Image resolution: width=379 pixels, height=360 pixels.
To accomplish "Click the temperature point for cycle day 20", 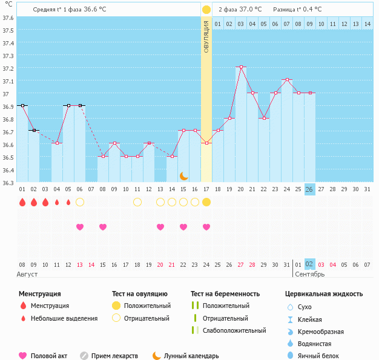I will coord(241,67).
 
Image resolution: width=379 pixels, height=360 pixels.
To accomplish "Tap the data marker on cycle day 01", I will coord(22,105).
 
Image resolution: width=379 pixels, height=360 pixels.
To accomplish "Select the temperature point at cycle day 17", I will coord(206,143).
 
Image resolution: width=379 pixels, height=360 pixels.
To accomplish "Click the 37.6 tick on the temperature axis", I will coord(8,18).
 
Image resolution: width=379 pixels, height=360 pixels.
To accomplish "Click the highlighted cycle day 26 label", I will coord(309,189).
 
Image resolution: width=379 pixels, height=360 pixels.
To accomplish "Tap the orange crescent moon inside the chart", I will coord(183,175).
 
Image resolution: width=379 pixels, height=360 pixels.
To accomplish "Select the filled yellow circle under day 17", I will coord(206,202).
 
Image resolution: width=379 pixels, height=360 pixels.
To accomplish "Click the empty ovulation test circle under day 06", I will coord(80,202).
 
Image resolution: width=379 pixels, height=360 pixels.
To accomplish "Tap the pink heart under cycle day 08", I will coord(103,227).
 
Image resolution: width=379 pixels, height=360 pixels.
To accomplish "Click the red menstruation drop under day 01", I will coord(22,202).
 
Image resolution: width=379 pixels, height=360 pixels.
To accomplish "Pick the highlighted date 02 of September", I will coord(309,264).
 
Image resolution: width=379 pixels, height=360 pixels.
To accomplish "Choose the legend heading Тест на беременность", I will coord(225,293).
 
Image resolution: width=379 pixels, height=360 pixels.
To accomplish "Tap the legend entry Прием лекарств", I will coord(114,356).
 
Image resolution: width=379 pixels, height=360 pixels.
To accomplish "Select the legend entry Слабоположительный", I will coord(234,330).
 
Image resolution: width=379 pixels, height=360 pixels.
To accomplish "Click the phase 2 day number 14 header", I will coord(367,24).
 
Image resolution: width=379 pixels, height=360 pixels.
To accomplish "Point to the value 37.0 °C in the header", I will coord(251,10).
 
